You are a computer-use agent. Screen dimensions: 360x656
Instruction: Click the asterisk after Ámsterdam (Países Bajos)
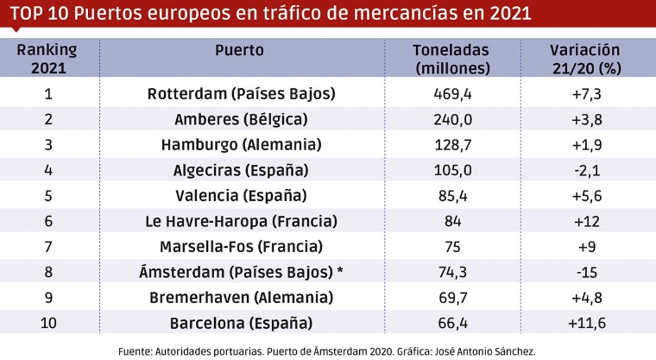pyautogui.click(x=340, y=271)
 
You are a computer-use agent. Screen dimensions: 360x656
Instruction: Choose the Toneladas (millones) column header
pyautogui.click(x=451, y=59)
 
